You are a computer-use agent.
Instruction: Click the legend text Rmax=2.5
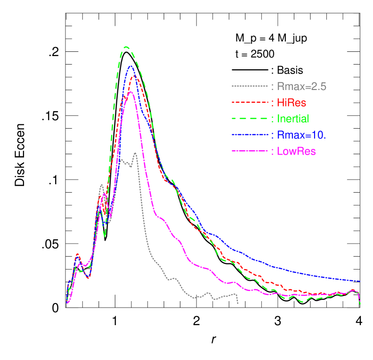(x=301, y=87)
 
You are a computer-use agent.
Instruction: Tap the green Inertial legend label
(x=293, y=119)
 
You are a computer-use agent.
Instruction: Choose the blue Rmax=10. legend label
(x=301, y=135)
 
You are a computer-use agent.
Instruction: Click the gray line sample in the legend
(x=250, y=87)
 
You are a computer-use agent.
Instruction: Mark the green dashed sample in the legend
(x=250, y=119)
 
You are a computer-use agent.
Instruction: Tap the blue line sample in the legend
(x=250, y=135)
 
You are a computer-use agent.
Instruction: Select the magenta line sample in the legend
(x=250, y=151)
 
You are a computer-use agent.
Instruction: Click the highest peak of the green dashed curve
(x=126, y=47)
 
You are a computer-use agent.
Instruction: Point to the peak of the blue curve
(x=130, y=66)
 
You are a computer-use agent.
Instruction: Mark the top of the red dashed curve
(x=134, y=76)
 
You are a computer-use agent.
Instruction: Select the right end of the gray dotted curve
(x=238, y=303)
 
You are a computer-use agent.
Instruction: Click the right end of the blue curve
(x=360, y=281)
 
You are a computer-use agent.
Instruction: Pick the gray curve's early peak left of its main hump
(x=101, y=185)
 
